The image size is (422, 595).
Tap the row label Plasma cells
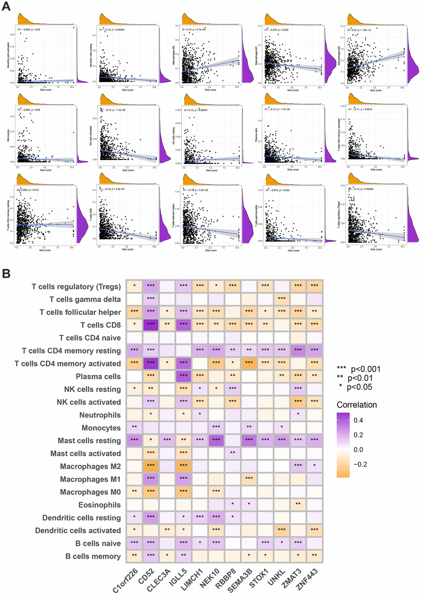(x=98, y=376)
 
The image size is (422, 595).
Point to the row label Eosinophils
(x=99, y=505)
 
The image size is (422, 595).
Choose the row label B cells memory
(x=93, y=556)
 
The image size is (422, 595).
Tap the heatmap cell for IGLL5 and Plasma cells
(x=183, y=376)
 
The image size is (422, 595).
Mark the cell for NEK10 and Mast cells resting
(x=216, y=440)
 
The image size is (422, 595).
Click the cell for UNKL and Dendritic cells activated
(x=281, y=530)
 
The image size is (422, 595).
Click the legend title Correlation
(x=357, y=405)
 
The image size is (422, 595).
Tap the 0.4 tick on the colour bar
(x=358, y=421)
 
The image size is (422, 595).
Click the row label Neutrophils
(x=100, y=415)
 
